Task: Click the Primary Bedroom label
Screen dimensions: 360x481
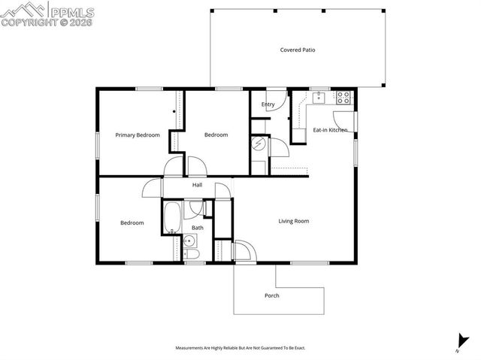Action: point(138,135)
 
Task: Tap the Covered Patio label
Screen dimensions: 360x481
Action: point(298,50)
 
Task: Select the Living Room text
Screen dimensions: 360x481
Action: point(294,221)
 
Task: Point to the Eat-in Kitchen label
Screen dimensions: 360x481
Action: point(330,131)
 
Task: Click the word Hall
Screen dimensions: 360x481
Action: point(197,185)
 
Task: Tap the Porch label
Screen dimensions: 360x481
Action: point(272,295)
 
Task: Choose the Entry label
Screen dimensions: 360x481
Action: point(268,104)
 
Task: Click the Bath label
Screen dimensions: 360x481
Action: point(197,228)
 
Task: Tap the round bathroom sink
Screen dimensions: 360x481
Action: point(190,241)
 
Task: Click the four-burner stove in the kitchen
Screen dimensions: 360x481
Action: point(343,97)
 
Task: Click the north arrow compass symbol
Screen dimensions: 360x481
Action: point(458,342)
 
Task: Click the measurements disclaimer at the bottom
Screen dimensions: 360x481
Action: point(240,348)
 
